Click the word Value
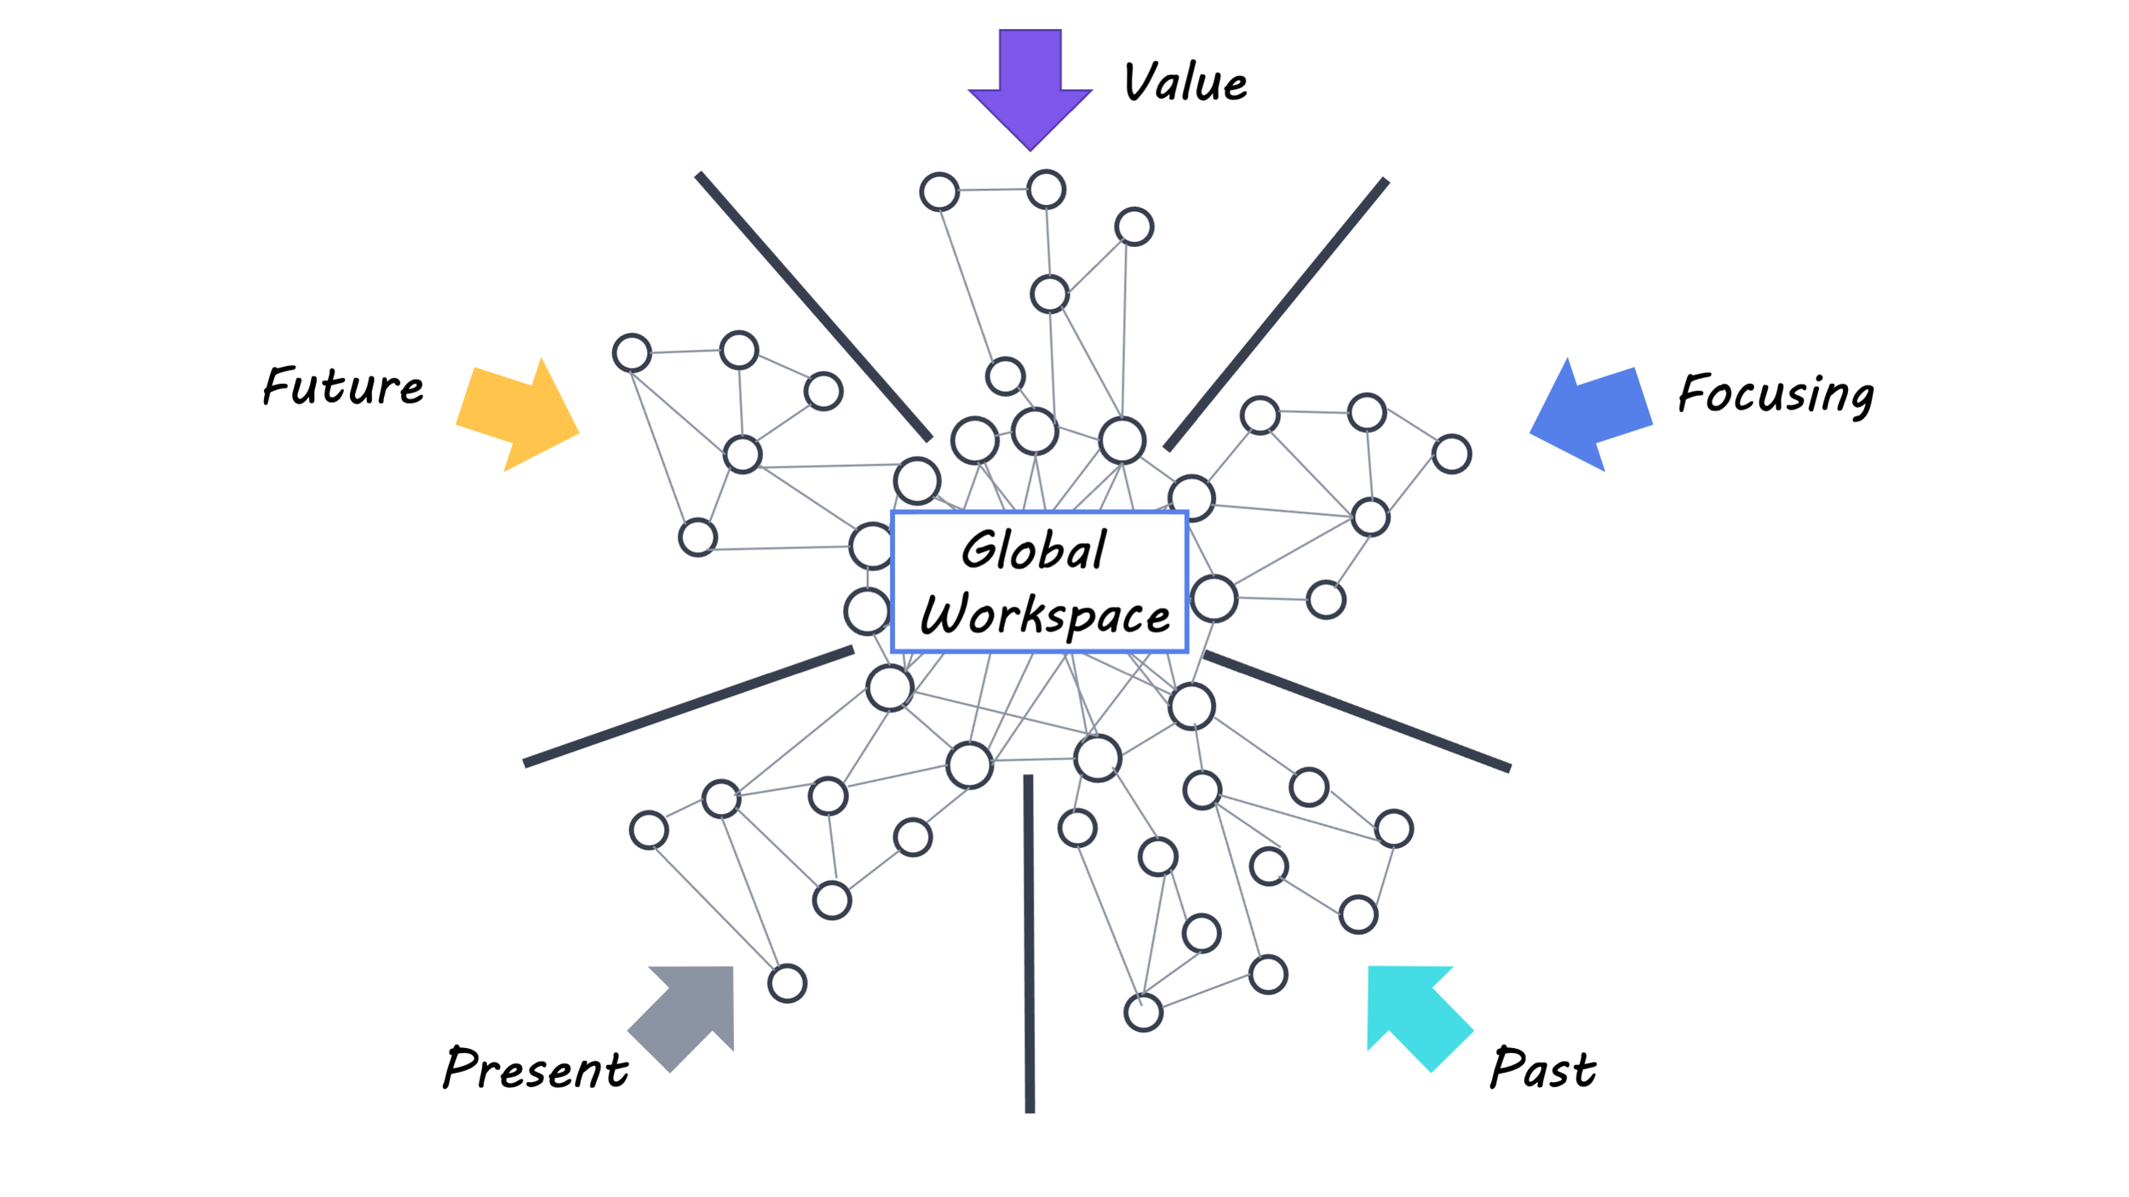click(1185, 83)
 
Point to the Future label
click(342, 387)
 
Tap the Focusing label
click(1775, 394)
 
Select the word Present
click(536, 1068)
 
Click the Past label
click(1542, 1068)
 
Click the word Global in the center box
click(1034, 550)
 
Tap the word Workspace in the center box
click(1045, 615)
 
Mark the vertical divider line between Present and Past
click(1030, 945)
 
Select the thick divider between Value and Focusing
click(1276, 314)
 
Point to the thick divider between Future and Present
click(688, 707)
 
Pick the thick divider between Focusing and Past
click(1357, 712)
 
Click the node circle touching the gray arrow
click(787, 983)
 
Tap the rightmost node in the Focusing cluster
click(1451, 454)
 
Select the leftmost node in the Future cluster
click(632, 352)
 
